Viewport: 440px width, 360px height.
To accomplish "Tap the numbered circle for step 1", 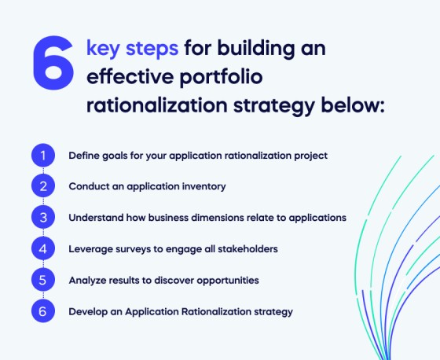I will click(x=44, y=156).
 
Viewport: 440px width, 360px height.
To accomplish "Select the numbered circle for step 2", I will click(x=44, y=186).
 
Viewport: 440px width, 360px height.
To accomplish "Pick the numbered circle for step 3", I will click(x=44, y=218).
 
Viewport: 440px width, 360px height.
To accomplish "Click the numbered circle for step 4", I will click(x=44, y=248).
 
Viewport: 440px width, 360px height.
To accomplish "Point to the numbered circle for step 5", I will click(x=44, y=280).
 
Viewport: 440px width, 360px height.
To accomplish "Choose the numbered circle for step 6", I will click(x=44, y=311).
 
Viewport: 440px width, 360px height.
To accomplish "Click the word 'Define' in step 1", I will click(x=84, y=156).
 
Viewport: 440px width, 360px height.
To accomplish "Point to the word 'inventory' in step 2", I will click(x=203, y=187).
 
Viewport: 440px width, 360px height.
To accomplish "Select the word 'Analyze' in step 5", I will click(x=87, y=280).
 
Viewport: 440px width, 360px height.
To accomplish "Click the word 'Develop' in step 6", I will click(x=88, y=312).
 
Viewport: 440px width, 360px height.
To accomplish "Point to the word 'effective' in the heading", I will click(x=126, y=78).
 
